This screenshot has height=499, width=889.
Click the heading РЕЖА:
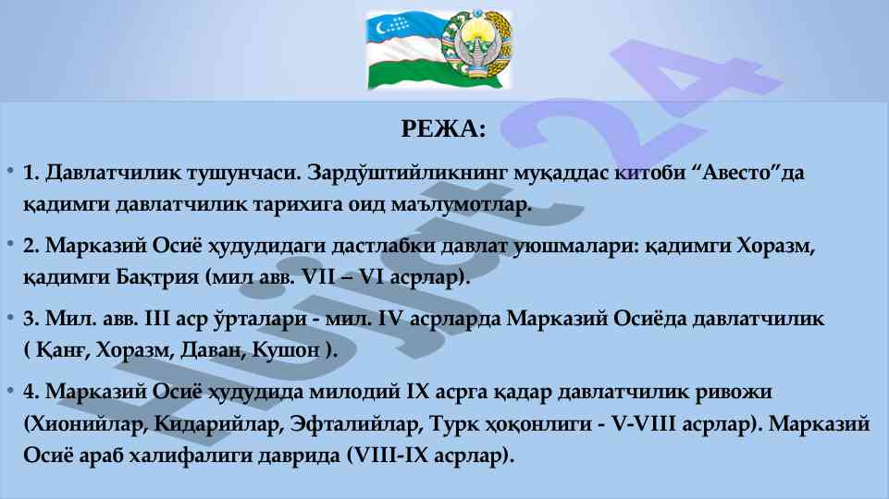pyautogui.click(x=443, y=128)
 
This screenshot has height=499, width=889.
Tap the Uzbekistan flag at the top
pyautogui.click(x=405, y=51)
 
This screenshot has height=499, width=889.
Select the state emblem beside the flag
pyautogui.click(x=477, y=48)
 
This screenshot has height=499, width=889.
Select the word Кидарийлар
pyautogui.click(x=217, y=423)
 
